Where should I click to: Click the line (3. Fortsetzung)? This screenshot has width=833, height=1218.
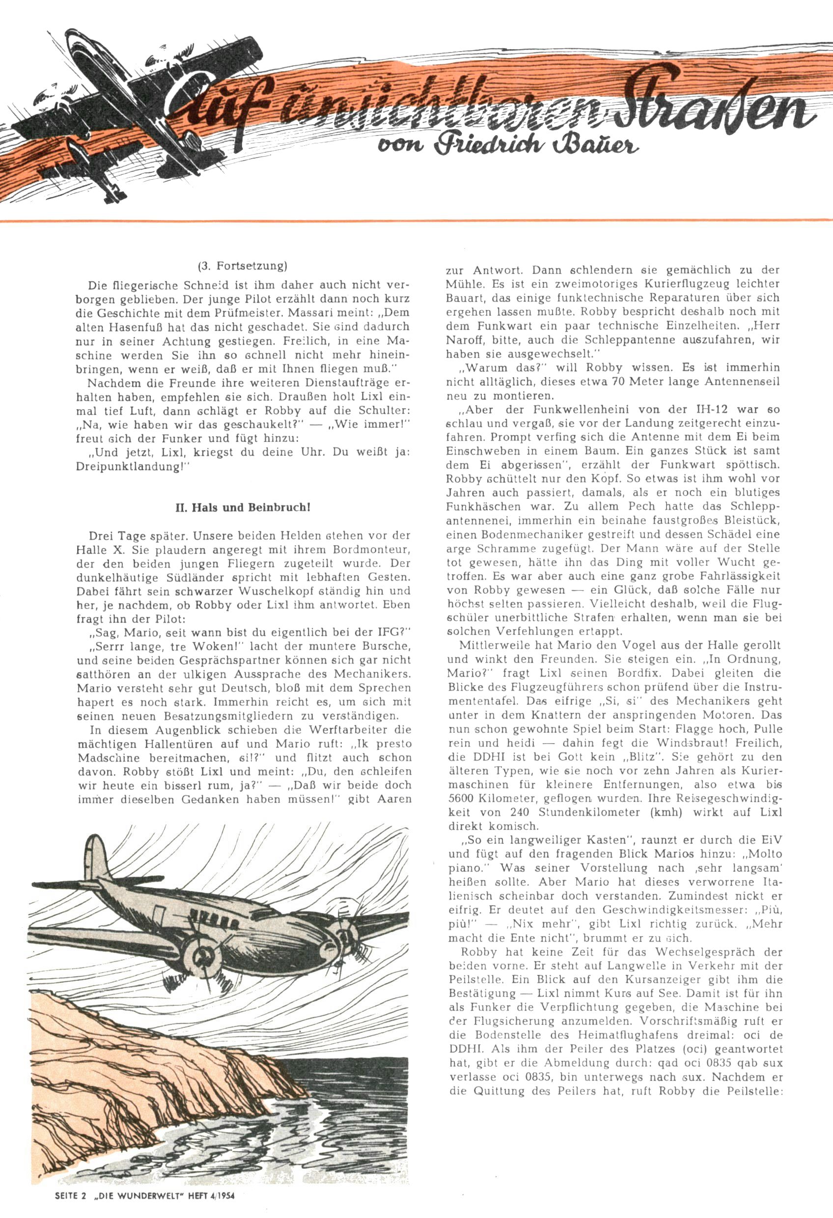click(x=242, y=266)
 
